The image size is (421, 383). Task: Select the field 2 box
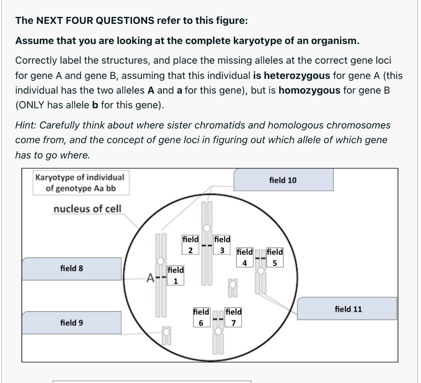tap(190, 245)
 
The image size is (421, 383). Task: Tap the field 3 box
tap(222, 245)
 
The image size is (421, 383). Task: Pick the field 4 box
tap(245, 257)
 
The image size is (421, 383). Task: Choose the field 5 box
tap(275, 257)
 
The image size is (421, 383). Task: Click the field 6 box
tap(201, 317)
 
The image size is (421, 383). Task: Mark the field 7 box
tap(233, 317)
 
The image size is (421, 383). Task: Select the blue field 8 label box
tap(72, 269)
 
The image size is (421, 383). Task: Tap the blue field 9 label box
tap(72, 323)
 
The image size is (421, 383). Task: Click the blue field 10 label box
tap(283, 180)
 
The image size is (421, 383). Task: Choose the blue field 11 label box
tap(348, 309)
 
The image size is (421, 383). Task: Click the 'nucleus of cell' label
tap(88, 208)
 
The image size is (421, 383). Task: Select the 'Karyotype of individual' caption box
tap(80, 183)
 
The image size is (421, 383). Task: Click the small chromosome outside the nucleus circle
tap(166, 335)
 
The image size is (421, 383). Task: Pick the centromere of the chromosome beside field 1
tap(160, 261)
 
